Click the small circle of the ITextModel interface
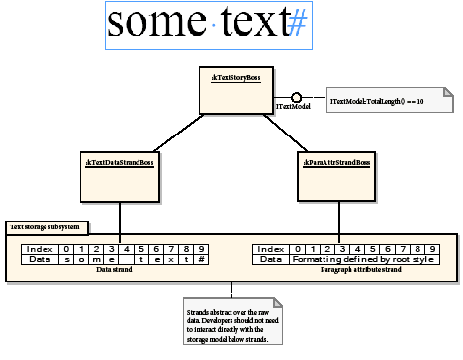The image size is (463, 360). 295,97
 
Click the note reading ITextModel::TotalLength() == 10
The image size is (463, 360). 389,102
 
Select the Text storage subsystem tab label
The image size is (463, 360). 44,227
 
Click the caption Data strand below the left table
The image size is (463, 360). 114,269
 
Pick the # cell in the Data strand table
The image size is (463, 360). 201,259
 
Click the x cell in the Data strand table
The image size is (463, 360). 170,259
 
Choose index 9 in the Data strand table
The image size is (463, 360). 201,249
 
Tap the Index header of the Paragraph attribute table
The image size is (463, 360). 270,249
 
